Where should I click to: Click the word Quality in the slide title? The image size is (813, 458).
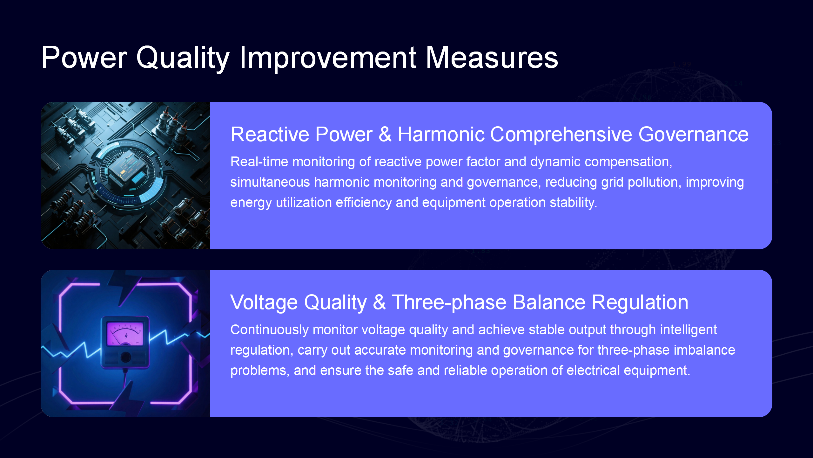pos(183,58)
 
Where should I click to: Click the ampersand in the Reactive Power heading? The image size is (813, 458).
pos(385,134)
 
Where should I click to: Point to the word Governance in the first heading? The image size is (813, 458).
pos(694,134)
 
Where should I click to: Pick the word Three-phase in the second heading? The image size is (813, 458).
pos(449,302)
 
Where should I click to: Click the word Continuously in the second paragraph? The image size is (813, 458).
pos(269,330)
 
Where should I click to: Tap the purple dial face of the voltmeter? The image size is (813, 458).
pos(125,334)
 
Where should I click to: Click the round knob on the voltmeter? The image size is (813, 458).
pos(126,357)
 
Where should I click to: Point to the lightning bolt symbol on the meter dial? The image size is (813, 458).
pos(126,336)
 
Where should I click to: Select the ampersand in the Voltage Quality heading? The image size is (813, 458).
pos(380,302)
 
